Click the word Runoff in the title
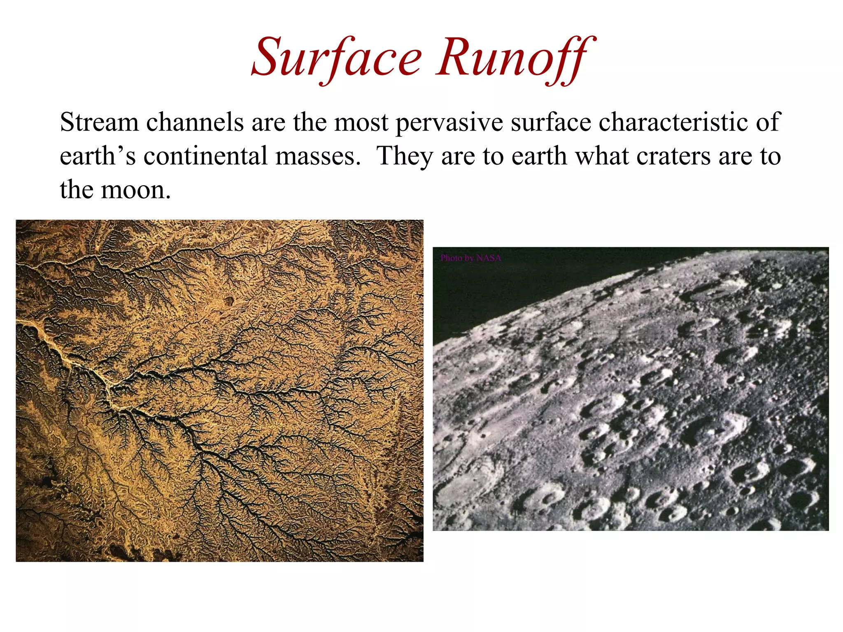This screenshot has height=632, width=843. pos(515,58)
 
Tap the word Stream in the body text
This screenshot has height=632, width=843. pos(99,123)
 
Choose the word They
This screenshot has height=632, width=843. pos(405,156)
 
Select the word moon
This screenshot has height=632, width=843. pos(136,190)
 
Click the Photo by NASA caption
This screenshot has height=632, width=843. pos(470,258)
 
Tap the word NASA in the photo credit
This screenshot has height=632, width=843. pos(489,258)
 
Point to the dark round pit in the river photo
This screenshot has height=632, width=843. pos(228,301)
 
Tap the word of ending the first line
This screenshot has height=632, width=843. pos(767,123)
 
